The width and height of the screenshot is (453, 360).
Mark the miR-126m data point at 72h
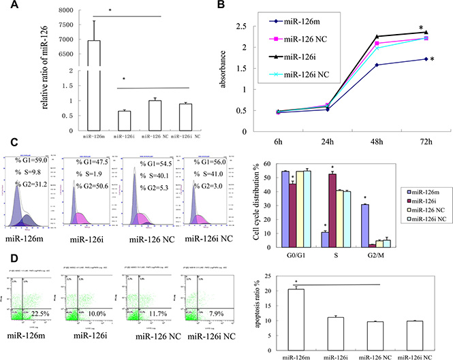[x=425, y=59]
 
